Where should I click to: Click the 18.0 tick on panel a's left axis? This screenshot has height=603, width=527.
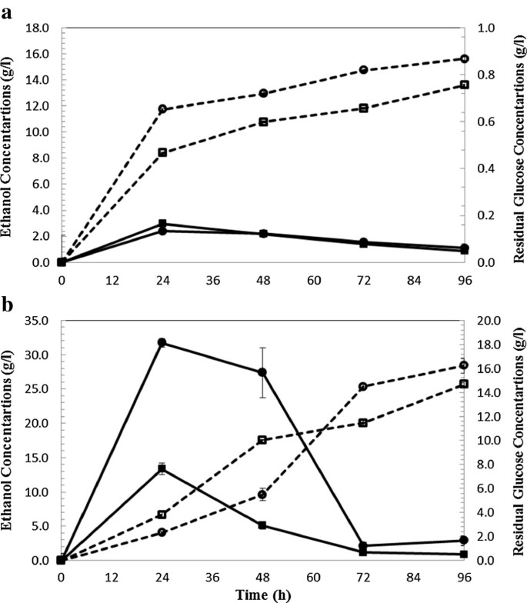tap(38, 28)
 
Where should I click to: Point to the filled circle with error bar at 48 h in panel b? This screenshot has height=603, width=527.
tap(262, 372)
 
